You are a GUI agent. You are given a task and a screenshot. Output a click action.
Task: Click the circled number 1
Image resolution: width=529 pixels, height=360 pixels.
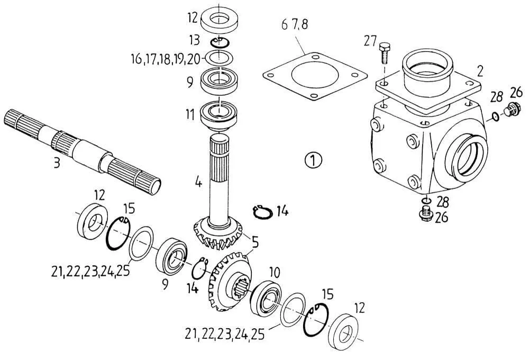pyautogui.click(x=313, y=160)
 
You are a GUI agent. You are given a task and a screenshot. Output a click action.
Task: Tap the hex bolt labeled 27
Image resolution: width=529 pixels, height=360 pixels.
pyautogui.click(x=385, y=53)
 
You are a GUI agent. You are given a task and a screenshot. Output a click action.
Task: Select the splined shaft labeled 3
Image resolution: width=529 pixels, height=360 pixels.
pyautogui.click(x=83, y=151)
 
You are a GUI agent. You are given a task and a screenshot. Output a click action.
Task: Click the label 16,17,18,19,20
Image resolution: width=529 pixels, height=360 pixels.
pyautogui.click(x=165, y=59)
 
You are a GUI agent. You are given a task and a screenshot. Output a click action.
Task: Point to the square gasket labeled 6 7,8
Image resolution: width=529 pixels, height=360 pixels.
pyautogui.click(x=315, y=77)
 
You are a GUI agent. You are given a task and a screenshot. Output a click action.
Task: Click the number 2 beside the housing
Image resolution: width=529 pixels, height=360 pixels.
pyautogui.click(x=480, y=71)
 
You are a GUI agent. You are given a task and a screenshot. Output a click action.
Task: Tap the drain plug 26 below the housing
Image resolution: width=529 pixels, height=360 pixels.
pyautogui.click(x=425, y=214)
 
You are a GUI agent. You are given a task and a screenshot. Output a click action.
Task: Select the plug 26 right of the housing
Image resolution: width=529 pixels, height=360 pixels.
pyautogui.click(x=513, y=109)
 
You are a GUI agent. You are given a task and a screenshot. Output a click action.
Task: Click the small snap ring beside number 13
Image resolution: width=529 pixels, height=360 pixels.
pyautogui.click(x=220, y=42)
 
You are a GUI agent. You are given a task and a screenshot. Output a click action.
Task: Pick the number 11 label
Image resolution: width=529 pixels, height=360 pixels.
pyautogui.click(x=190, y=114)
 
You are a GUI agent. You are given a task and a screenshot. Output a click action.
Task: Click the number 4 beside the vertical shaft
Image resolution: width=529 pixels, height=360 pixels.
pyautogui.click(x=198, y=182)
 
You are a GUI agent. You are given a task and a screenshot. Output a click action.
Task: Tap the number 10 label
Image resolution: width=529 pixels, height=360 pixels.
pyautogui.click(x=275, y=272)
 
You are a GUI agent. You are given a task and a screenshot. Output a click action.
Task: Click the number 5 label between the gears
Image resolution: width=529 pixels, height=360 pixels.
pyautogui.click(x=255, y=242)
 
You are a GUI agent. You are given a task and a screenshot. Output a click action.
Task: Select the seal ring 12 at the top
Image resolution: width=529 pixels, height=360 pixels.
pyautogui.click(x=220, y=20)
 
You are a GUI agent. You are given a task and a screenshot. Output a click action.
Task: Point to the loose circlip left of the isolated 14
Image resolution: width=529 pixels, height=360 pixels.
pyautogui.click(x=262, y=212)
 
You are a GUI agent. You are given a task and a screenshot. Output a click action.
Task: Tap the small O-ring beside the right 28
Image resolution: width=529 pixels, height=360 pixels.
pyautogui.click(x=495, y=116)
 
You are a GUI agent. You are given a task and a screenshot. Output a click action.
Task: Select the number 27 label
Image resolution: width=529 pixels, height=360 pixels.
pyautogui.click(x=370, y=41)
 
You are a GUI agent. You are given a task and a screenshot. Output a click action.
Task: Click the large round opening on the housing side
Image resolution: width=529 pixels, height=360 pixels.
pyautogui.click(x=468, y=157)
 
